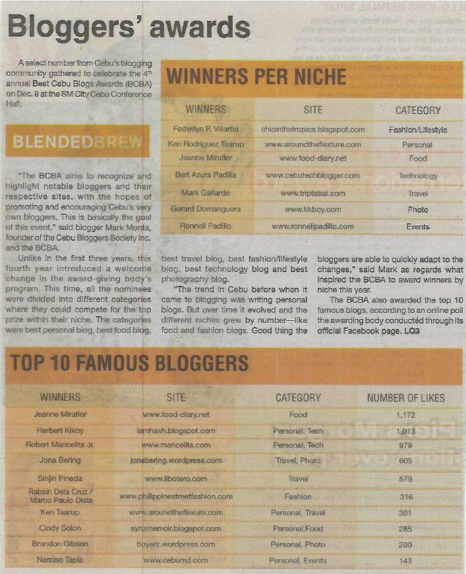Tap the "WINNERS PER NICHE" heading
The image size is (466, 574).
(x=256, y=76)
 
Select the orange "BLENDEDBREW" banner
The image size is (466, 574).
(x=77, y=142)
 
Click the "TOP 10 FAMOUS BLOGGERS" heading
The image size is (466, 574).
(x=129, y=363)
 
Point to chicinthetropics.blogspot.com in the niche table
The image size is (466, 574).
(x=312, y=130)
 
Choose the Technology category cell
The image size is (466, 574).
(x=418, y=176)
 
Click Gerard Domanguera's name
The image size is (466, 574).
(x=205, y=210)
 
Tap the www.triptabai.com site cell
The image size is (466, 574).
(x=312, y=193)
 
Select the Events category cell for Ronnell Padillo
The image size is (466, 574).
(x=418, y=227)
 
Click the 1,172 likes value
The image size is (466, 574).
(x=405, y=415)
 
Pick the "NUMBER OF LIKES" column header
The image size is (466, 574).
(x=405, y=397)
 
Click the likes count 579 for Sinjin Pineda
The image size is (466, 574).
(x=405, y=479)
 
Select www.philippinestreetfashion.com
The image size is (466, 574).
(x=176, y=496)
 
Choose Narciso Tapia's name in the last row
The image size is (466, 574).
(x=60, y=560)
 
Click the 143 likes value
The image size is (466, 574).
(x=405, y=561)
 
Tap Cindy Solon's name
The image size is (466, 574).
(x=60, y=529)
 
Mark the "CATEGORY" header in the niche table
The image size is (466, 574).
(x=418, y=110)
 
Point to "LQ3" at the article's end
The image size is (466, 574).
(x=412, y=330)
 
